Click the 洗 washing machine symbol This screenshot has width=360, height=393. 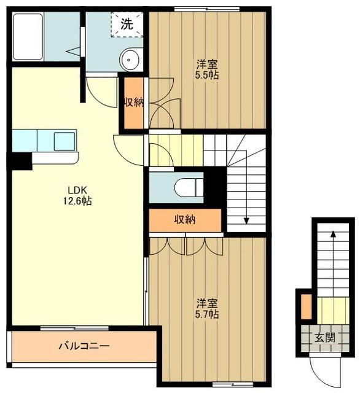click(126, 25)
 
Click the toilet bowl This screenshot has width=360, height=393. click(187, 187)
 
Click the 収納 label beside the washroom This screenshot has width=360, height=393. click(135, 103)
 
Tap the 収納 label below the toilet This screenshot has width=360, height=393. click(184, 219)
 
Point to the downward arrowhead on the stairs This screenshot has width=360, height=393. click(246, 220)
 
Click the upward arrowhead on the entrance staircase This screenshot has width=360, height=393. click(333, 234)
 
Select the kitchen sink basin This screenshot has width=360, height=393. click(63, 141)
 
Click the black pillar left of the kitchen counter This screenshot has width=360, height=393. click(20, 161)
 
